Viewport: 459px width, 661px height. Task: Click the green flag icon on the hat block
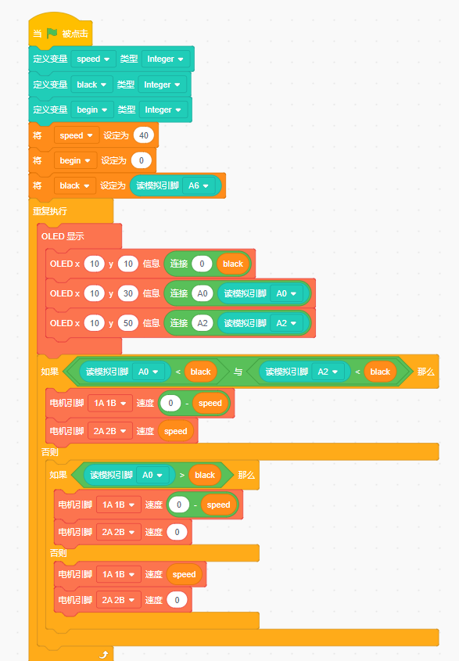point(52,33)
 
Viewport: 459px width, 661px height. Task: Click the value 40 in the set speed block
point(144,135)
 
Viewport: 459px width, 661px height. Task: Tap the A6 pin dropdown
point(199,185)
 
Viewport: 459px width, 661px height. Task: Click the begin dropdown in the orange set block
point(75,160)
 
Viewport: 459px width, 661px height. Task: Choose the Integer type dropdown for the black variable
point(162,84)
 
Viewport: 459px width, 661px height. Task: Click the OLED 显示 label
point(63,236)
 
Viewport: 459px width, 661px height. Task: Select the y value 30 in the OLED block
point(128,293)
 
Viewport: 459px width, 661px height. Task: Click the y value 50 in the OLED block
point(128,323)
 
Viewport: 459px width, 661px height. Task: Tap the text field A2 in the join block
point(203,323)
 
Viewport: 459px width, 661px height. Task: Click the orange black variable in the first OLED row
point(233,264)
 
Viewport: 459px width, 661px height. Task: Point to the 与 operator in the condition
point(238,372)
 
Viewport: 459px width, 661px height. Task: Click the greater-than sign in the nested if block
point(182,475)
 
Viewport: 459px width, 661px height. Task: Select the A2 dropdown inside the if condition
point(328,372)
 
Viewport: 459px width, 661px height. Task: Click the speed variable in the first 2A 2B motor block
point(175,431)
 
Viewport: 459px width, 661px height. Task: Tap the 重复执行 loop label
point(50,210)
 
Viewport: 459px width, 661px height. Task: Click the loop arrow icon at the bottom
point(104,654)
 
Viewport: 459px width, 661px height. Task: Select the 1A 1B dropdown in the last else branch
point(118,574)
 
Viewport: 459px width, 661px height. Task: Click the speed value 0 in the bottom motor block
point(177,600)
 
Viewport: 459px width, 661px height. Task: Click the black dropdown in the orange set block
point(74,185)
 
